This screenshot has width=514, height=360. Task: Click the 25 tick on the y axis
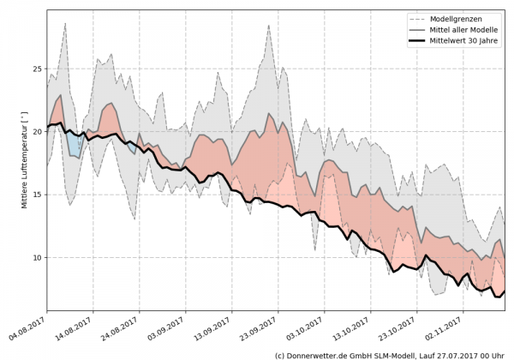(x=38, y=69)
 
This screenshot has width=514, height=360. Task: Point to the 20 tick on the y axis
(x=38, y=131)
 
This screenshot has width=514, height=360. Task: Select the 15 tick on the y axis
(x=38, y=195)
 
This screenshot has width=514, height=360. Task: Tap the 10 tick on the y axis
(x=38, y=257)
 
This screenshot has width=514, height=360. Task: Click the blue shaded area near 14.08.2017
(x=75, y=144)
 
